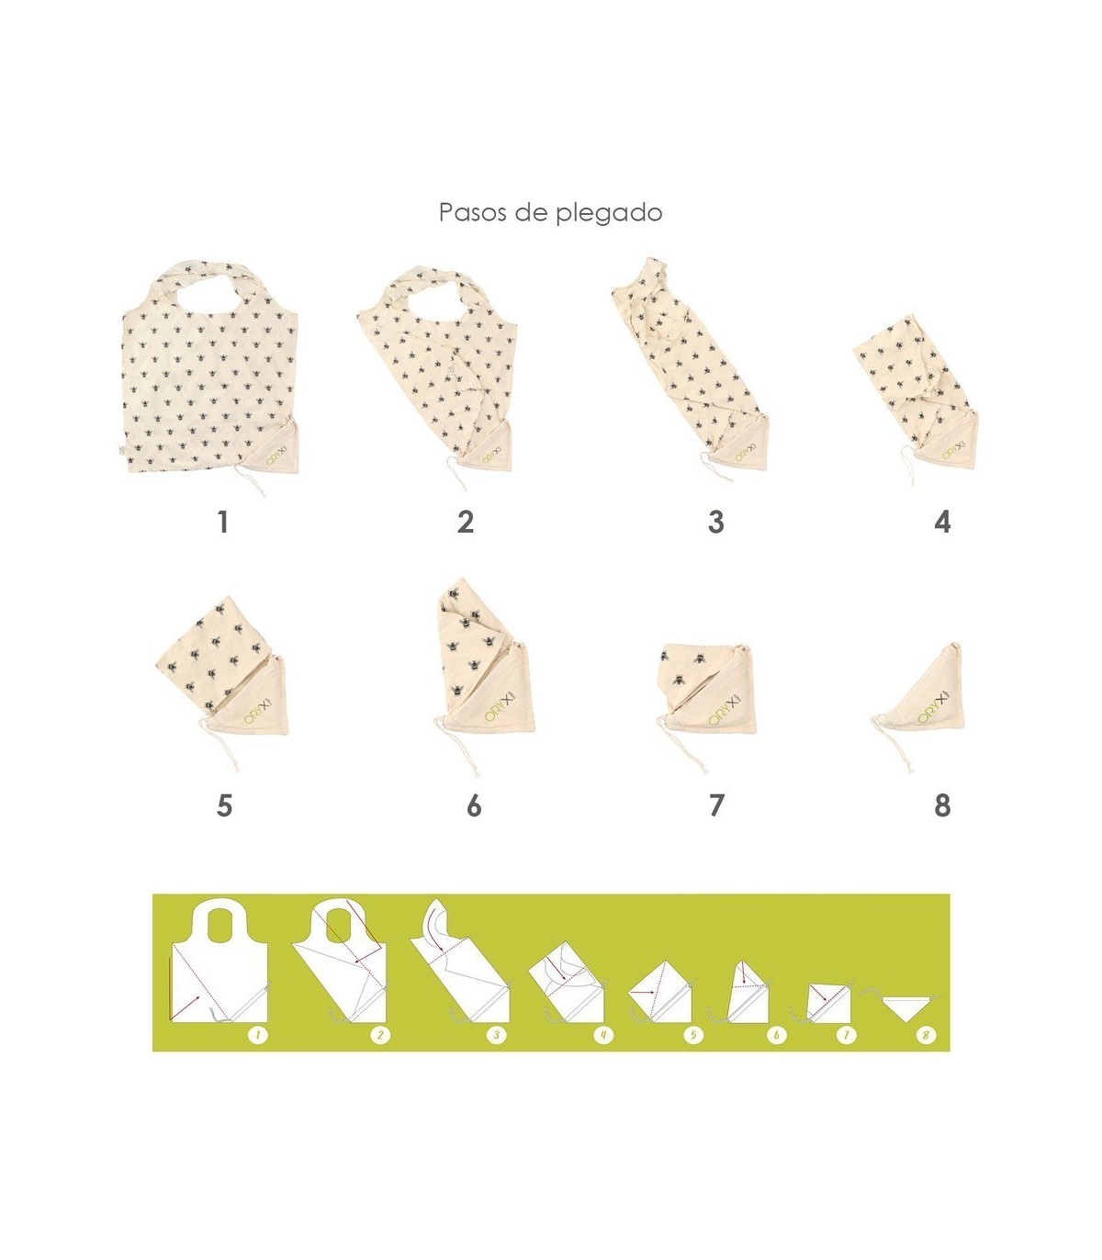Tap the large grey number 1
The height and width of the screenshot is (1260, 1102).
point(223,523)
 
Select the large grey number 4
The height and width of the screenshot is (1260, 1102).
point(942,523)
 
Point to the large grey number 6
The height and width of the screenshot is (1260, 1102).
point(474,805)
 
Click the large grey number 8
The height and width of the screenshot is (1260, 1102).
point(942,805)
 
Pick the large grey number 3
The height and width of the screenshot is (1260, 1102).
point(715,523)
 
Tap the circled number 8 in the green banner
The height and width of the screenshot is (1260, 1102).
point(926,1035)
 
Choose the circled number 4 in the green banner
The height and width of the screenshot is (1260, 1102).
point(602,1035)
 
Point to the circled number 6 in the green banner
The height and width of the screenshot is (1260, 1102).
point(776,1035)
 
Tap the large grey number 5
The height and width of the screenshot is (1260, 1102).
point(225,805)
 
